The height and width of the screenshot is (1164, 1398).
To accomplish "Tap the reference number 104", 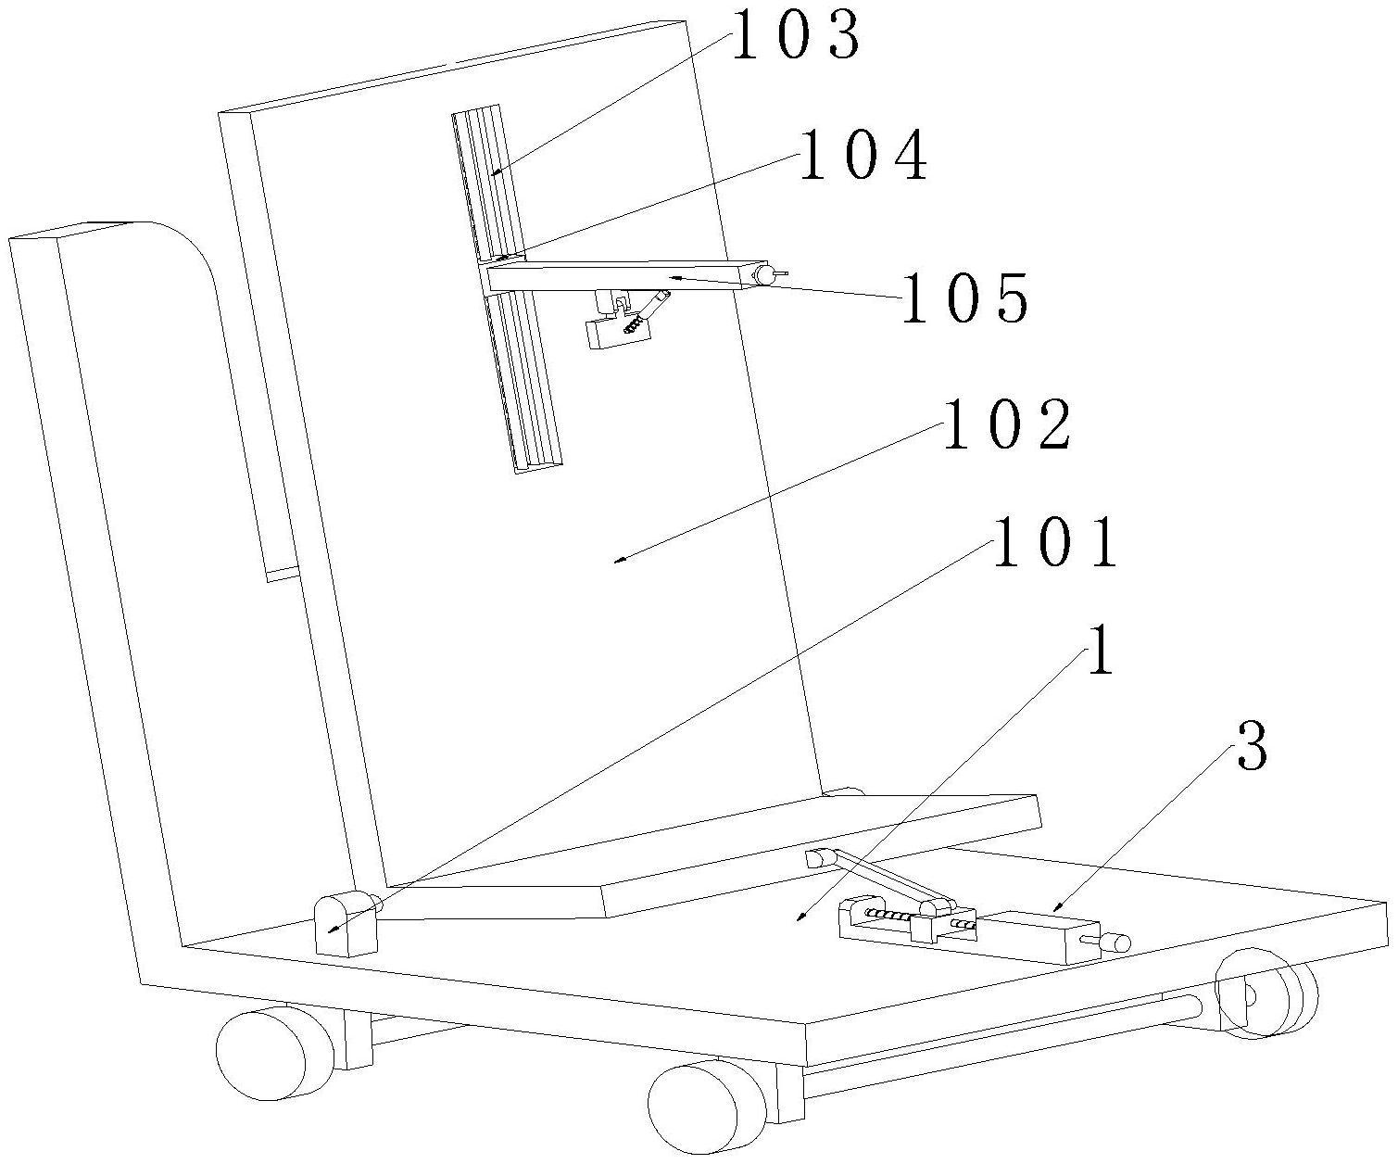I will [863, 155].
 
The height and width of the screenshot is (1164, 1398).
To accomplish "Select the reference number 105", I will [964, 297].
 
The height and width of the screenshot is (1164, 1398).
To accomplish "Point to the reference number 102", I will [1006, 425].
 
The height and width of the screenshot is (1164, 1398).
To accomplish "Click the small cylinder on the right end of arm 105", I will [765, 274].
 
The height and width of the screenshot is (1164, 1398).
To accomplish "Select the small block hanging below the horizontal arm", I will [618, 333].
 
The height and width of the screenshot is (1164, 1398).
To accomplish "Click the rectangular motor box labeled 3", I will [1038, 937].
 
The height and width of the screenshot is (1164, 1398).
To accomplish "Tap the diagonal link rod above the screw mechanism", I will [880, 876].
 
